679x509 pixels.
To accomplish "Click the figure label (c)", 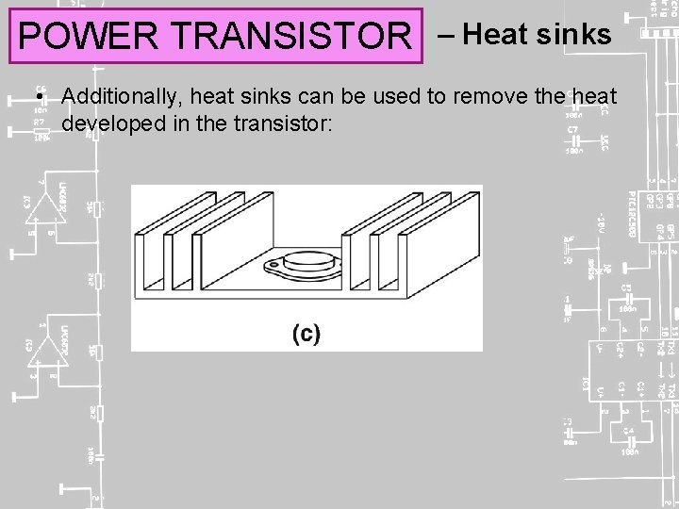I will pos(306,333).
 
